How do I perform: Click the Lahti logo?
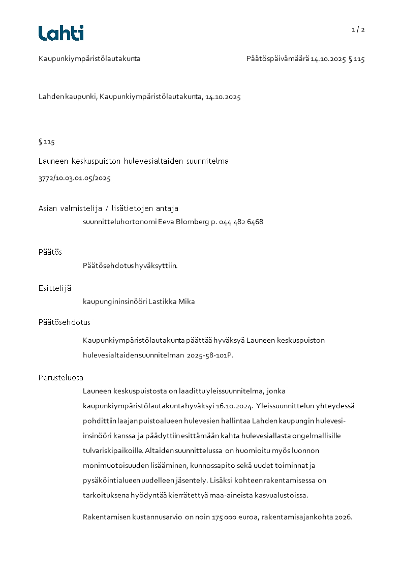[61, 33]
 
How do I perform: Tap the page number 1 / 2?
[358, 29]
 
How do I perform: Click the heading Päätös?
[50, 252]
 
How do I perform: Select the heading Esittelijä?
[55, 288]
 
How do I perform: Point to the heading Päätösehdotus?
[65, 322]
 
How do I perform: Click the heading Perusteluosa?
[61, 378]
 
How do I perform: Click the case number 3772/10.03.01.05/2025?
[75, 178]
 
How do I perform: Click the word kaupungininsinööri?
[115, 302]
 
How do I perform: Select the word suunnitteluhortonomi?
[119, 222]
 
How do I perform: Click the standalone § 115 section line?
[47, 142]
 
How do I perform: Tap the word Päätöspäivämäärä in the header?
[277, 59]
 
